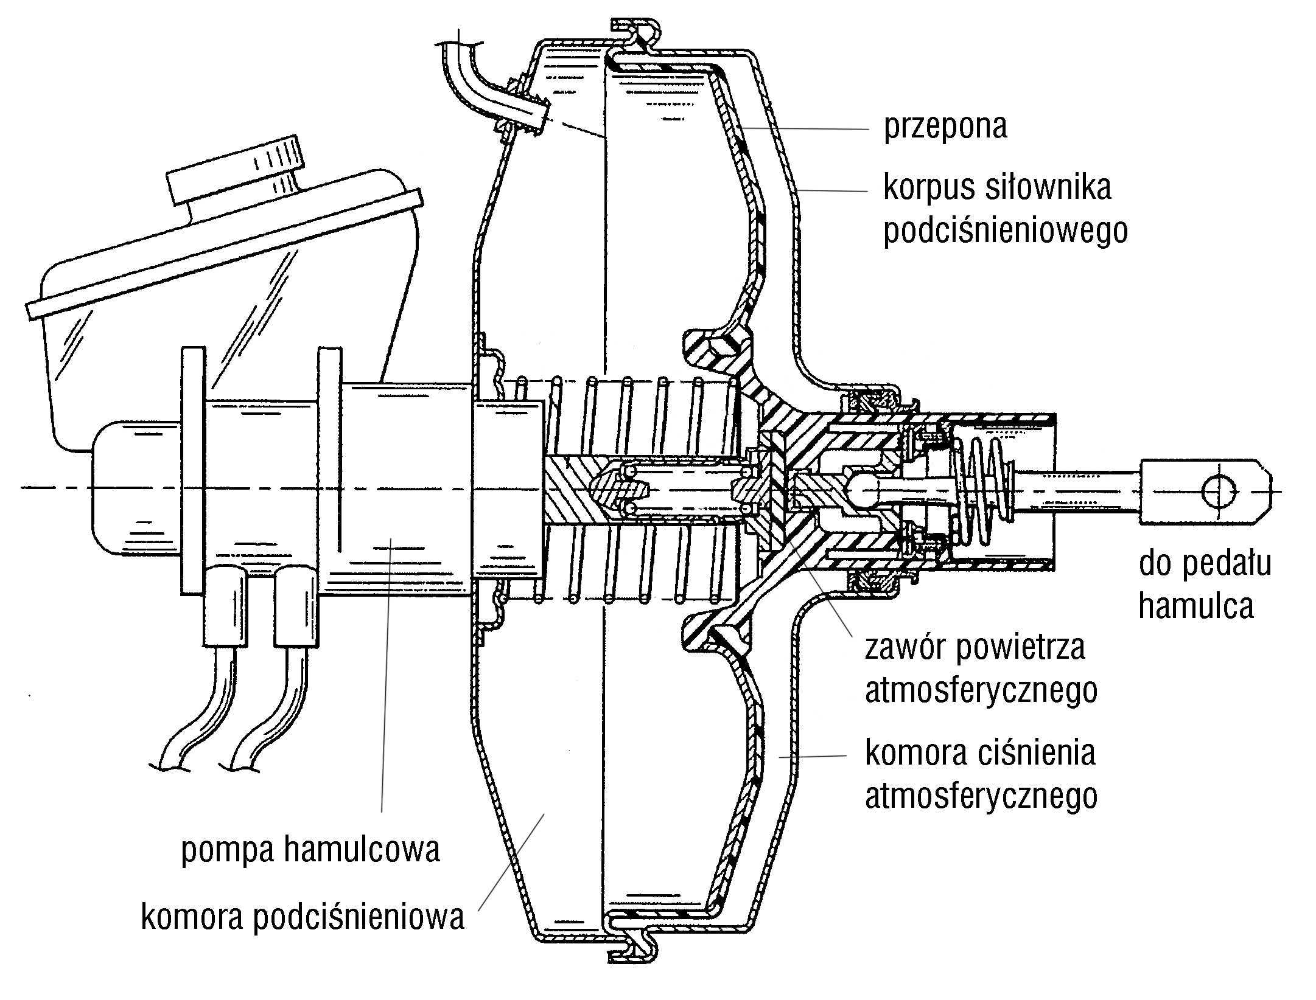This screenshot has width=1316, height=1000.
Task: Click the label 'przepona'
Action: tap(945, 127)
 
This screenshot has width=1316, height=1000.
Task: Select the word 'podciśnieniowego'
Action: tap(1006, 231)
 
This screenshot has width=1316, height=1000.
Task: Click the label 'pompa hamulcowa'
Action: tap(310, 850)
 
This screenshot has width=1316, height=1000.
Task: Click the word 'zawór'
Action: tap(906, 647)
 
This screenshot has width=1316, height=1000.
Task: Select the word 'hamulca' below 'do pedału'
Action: tap(1196, 606)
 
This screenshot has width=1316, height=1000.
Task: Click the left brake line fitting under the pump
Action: tap(226, 607)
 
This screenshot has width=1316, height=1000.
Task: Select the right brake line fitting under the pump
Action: tap(296, 607)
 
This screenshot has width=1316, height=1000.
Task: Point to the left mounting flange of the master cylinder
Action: tap(193, 471)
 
